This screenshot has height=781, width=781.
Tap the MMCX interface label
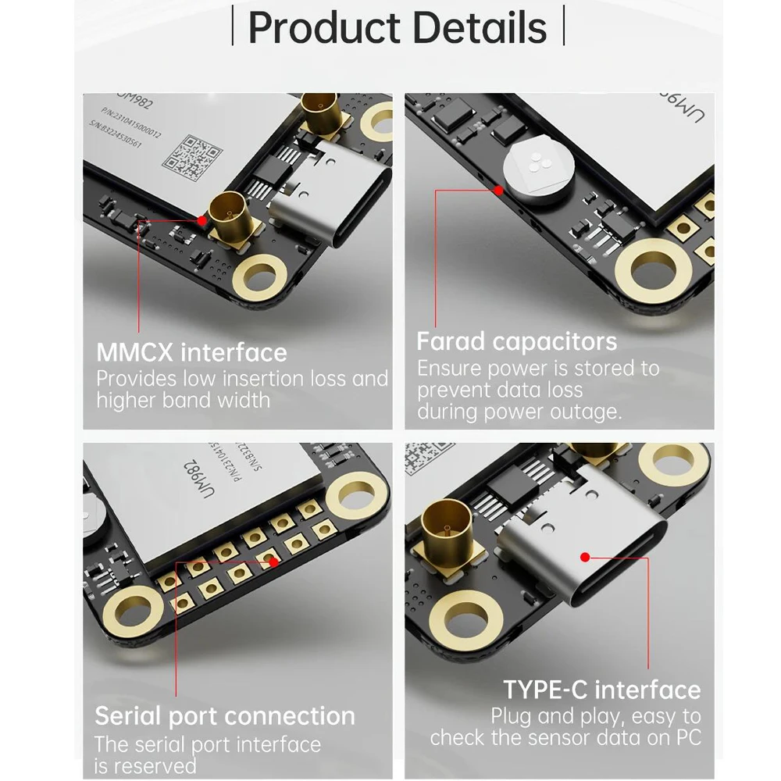[191, 352]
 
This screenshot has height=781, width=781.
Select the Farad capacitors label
[516, 341]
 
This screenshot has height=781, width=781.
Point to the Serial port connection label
[225, 715]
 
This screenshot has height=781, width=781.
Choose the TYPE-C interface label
[601, 690]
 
